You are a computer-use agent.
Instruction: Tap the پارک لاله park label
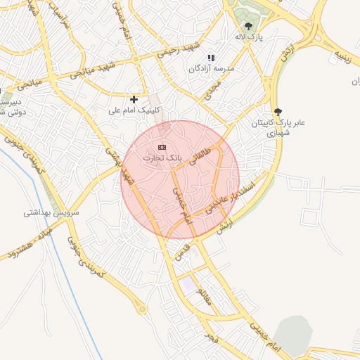point(249,37)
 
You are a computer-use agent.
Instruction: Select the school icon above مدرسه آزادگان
point(210,58)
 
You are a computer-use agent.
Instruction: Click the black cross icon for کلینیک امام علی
point(134,99)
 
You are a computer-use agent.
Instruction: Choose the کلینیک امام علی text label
point(134,110)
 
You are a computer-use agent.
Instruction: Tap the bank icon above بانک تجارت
point(162,147)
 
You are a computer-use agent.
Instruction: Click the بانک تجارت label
point(162,158)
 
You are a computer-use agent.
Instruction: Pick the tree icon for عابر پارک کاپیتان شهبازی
point(278,111)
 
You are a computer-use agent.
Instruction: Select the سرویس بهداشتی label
point(52,212)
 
